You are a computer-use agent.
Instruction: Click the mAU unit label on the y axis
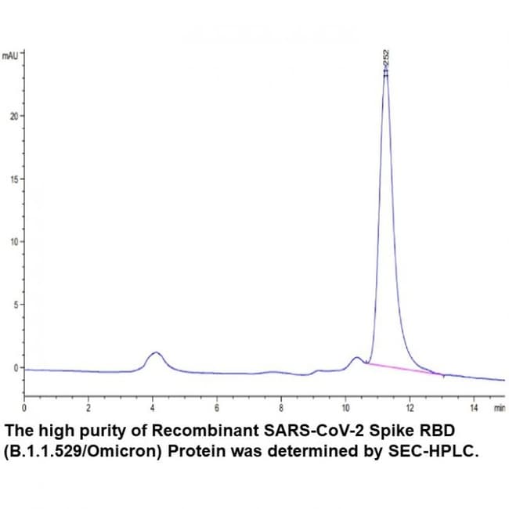[x=10, y=56]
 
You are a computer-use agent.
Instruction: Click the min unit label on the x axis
[x=500, y=408]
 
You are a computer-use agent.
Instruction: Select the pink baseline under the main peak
[x=399, y=368]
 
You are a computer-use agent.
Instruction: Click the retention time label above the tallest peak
[x=385, y=59]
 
